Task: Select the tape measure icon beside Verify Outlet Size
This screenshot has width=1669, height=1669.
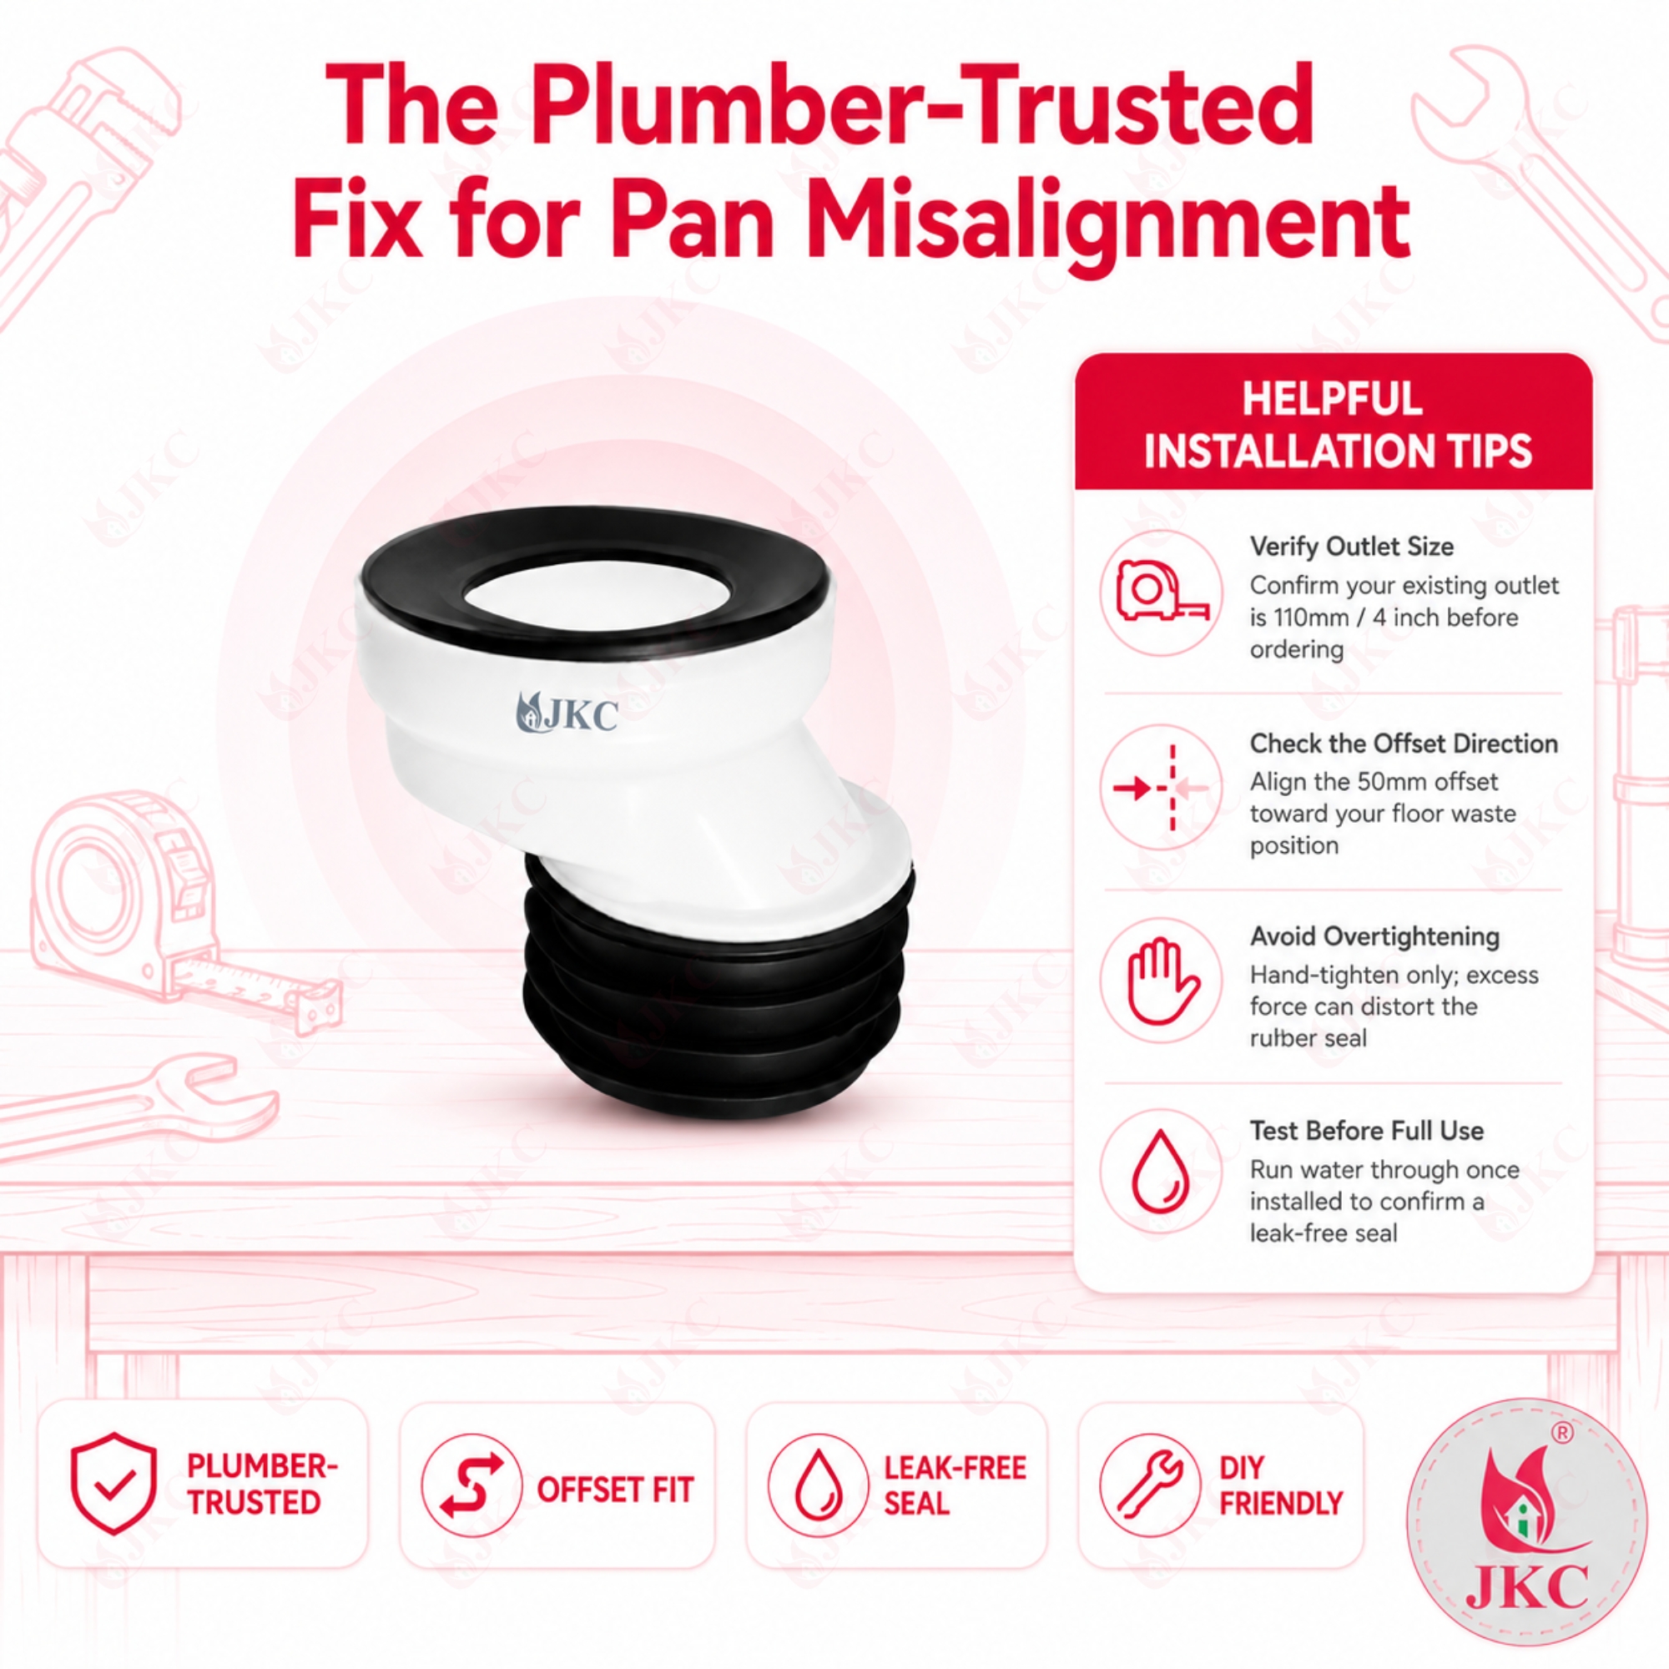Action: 1161,592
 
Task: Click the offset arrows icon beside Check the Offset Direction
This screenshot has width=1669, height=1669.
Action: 1161,787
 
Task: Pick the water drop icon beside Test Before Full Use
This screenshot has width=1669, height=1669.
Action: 1161,1173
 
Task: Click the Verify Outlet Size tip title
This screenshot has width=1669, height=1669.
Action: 1351,547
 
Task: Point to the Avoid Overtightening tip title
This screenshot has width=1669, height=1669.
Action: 1374,936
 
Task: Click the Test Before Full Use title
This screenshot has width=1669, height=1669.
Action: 1367,1131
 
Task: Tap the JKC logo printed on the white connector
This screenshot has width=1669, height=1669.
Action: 567,713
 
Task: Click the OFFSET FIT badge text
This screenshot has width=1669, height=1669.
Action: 615,1490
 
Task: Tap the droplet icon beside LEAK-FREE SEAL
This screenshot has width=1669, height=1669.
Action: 816,1485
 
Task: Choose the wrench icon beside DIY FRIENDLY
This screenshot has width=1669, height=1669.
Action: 1149,1485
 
